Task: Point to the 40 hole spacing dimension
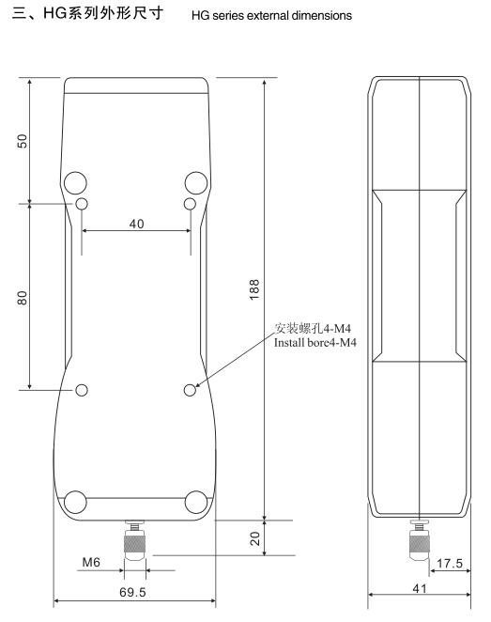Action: [x=137, y=224]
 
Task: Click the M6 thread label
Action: [x=91, y=563]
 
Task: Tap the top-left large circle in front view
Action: [x=77, y=181]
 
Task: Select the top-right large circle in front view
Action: [x=196, y=181]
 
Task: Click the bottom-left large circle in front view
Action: [x=77, y=502]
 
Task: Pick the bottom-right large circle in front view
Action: [x=196, y=502]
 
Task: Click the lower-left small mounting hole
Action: [x=82, y=390]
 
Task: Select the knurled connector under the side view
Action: [x=417, y=539]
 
